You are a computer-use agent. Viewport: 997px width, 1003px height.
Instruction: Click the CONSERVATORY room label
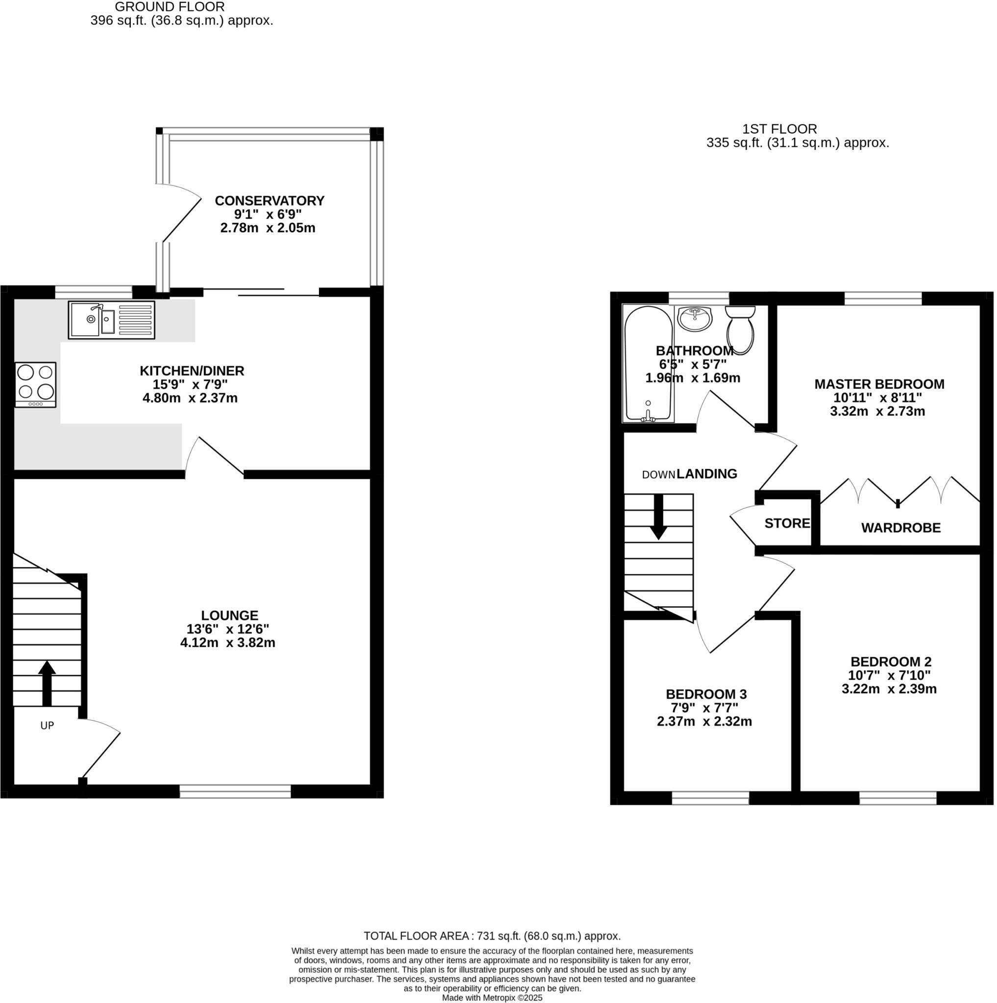[269, 201]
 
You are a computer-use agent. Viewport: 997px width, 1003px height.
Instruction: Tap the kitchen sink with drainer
[111, 320]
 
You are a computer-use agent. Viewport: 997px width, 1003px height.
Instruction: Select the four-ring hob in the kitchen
[35, 384]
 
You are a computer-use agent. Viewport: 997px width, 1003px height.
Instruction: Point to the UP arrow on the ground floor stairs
[47, 683]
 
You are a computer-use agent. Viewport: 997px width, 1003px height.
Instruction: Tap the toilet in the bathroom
[740, 328]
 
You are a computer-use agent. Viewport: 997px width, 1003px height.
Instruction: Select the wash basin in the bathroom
[695, 319]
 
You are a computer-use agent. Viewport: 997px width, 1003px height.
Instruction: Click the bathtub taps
[648, 415]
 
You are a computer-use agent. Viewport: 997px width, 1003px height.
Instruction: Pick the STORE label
[787, 524]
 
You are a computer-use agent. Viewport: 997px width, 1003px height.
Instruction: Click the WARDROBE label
[900, 528]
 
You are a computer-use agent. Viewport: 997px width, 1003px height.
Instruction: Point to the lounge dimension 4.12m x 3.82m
[227, 643]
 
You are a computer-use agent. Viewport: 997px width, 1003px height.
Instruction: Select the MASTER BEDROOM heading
[878, 384]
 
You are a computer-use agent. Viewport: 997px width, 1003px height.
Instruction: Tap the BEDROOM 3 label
[705, 694]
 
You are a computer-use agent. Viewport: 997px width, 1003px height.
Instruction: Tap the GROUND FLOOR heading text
[170, 7]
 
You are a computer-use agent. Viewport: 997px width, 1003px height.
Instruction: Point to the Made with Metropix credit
[492, 998]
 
